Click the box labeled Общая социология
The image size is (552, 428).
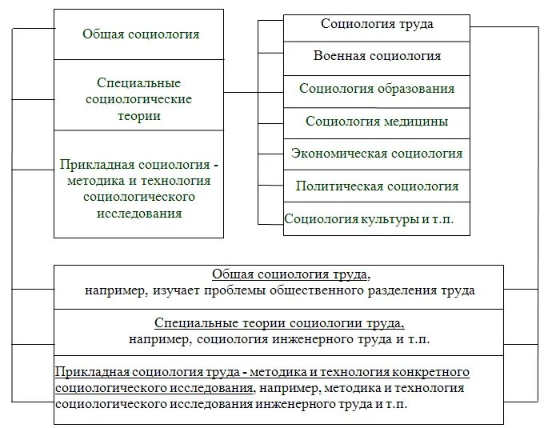coord(140,34)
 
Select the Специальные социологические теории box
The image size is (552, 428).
coord(139,99)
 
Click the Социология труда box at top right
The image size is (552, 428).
coord(377,24)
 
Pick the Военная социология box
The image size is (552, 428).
coord(377,56)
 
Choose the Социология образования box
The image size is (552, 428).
coord(377,89)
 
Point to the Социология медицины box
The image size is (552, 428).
coord(377,122)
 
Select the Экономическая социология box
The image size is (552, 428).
coord(377,154)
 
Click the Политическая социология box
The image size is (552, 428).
coord(377,186)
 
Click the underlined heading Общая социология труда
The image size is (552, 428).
coord(279,274)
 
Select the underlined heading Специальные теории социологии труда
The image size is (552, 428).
coord(279,323)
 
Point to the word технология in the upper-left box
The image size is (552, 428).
coord(186,182)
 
